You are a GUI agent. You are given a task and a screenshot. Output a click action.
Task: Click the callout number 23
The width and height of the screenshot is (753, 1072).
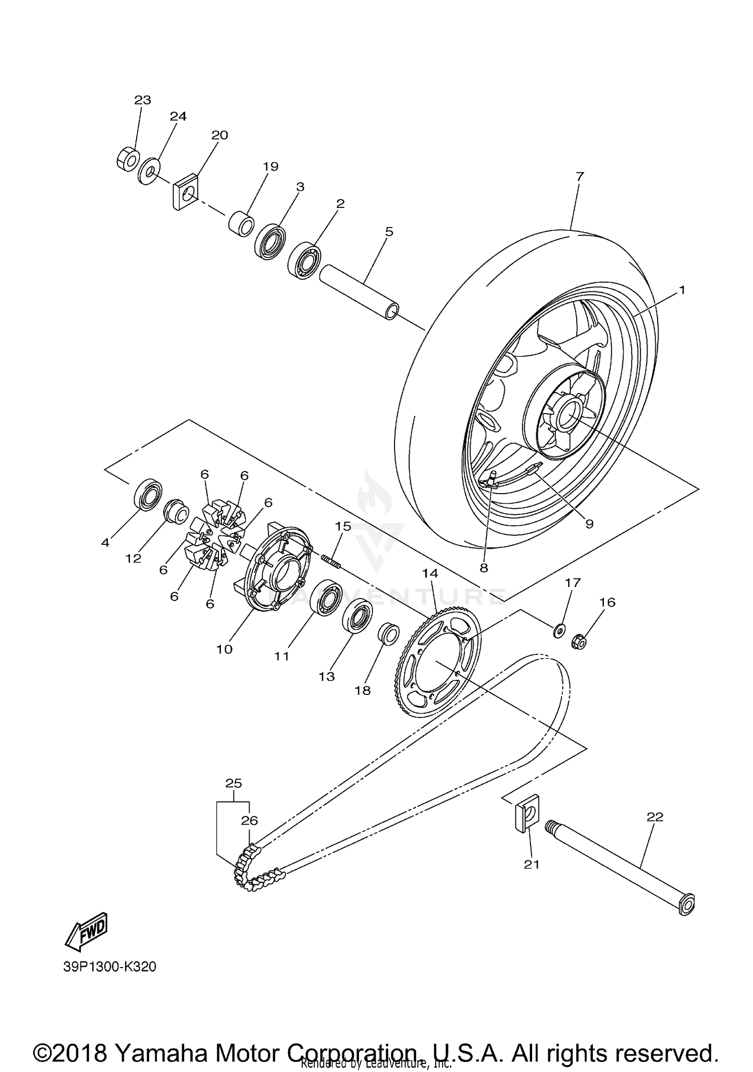click(143, 100)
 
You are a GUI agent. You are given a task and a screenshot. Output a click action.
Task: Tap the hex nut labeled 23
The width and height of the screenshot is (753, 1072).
click(126, 159)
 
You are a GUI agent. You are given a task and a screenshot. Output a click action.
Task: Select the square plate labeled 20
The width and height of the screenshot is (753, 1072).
click(186, 192)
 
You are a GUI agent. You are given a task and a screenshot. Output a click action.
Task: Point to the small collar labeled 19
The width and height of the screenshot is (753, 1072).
click(241, 224)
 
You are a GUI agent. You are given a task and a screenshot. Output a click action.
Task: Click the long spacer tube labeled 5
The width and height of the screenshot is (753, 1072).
click(359, 292)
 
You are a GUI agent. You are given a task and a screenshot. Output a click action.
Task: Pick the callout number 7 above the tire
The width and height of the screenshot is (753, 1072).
click(580, 176)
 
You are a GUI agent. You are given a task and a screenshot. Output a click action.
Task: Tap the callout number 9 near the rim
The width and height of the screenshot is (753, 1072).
click(589, 524)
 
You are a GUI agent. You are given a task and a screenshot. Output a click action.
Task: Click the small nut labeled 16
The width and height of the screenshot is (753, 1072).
click(579, 642)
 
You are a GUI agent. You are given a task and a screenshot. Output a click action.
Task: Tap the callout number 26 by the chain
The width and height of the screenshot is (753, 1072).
click(249, 820)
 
